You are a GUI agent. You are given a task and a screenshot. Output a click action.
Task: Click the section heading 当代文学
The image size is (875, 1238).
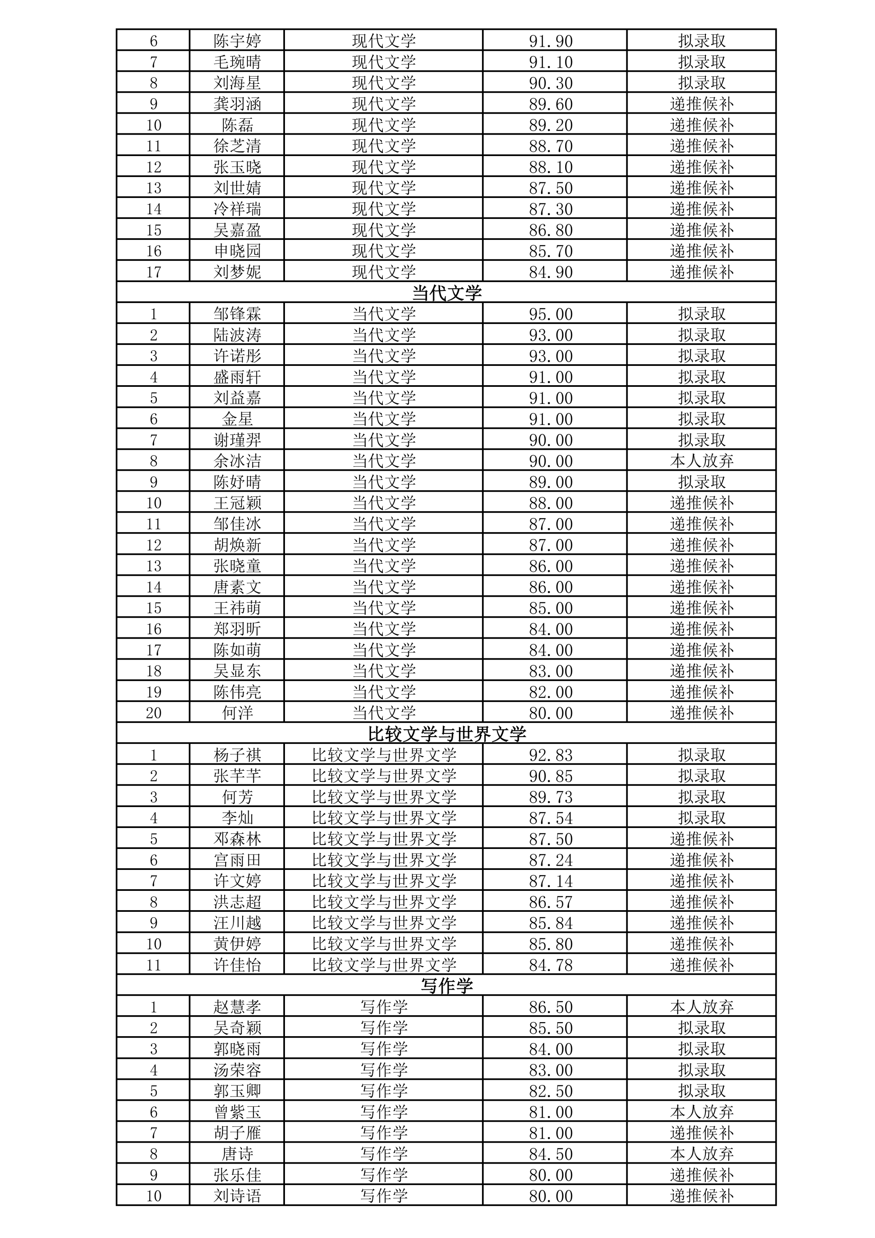(446, 293)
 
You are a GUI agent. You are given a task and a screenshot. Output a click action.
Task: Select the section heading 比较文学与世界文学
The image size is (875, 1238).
(446, 734)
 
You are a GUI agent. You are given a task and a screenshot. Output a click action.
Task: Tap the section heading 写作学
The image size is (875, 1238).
(446, 986)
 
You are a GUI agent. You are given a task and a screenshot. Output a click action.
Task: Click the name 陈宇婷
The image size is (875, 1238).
(237, 41)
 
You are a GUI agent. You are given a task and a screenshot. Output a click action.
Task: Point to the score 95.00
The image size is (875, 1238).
(550, 314)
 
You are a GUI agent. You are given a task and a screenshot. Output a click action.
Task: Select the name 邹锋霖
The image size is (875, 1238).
(237, 314)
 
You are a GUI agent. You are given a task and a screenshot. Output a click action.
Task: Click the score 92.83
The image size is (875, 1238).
(550, 755)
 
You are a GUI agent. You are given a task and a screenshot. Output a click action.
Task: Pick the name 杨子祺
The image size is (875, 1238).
(237, 755)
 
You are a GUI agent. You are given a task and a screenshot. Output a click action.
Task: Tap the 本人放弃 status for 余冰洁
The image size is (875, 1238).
(702, 461)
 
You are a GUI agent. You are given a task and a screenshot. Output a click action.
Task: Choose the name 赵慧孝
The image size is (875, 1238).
(237, 1007)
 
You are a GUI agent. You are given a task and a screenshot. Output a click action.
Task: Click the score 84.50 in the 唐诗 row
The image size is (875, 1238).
(550, 1154)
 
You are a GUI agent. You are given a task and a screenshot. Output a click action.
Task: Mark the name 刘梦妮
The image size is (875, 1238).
(237, 272)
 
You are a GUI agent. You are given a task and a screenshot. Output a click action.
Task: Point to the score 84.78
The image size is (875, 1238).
(550, 965)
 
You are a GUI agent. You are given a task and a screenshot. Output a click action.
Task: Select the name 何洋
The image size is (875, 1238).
(237, 713)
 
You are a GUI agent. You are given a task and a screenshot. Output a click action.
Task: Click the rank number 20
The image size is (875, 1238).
(153, 713)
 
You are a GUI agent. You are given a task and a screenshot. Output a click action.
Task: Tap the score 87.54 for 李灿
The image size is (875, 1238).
(550, 818)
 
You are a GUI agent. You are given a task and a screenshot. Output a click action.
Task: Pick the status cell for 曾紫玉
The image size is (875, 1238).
(702, 1112)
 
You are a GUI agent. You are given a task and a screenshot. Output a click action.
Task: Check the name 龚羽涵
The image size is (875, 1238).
(237, 103)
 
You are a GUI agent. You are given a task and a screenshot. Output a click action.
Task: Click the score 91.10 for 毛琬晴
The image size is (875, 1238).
(550, 62)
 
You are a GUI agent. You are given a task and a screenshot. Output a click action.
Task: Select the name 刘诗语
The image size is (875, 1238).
(237, 1196)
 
